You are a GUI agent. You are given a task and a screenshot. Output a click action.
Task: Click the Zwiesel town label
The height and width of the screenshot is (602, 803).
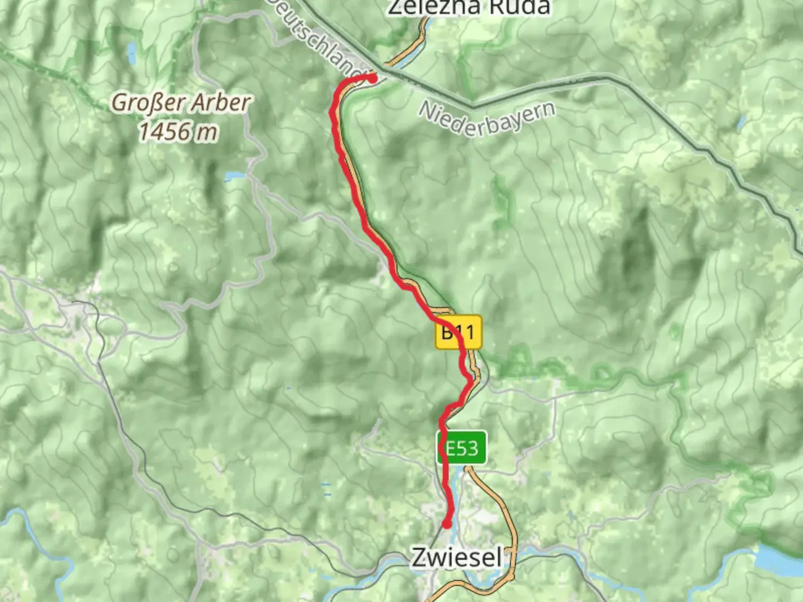457,557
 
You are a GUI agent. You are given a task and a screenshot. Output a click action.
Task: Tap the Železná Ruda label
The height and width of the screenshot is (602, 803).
468,7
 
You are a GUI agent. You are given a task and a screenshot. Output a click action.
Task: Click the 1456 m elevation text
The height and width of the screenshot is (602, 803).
177,132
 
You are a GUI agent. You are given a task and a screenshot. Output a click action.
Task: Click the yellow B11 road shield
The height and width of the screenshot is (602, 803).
458,333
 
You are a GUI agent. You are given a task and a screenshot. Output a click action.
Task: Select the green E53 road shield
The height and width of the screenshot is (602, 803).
462,448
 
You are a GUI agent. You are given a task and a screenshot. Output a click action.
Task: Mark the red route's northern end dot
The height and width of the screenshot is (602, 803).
372,79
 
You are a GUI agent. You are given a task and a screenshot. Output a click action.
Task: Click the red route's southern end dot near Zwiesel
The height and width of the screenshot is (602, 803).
447,524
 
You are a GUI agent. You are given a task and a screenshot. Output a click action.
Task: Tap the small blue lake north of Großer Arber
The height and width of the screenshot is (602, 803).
132,54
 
